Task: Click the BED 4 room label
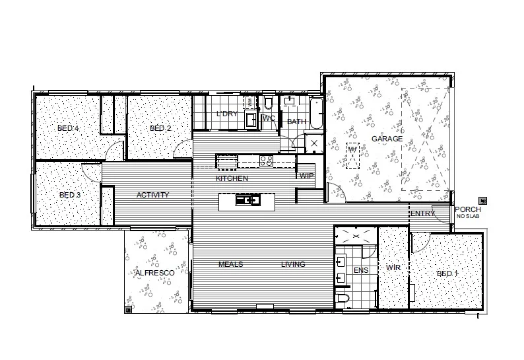coord(69,128)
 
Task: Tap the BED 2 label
coord(160,128)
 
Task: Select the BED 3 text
coord(69,195)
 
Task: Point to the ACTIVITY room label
coord(152,195)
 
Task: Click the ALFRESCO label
coord(154,273)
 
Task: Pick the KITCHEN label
coord(232,179)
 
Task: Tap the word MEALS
coord(231,264)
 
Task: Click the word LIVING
coord(293,264)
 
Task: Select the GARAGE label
coord(387,139)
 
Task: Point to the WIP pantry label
coord(306,176)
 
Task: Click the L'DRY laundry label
coord(227,114)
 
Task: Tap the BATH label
coord(296,122)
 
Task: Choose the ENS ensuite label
coord(361,271)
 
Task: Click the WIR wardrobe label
coord(393,268)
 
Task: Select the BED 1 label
coord(447,273)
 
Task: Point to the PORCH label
coord(468,209)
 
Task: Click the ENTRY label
coord(422,213)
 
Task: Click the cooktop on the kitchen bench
coord(267,159)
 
